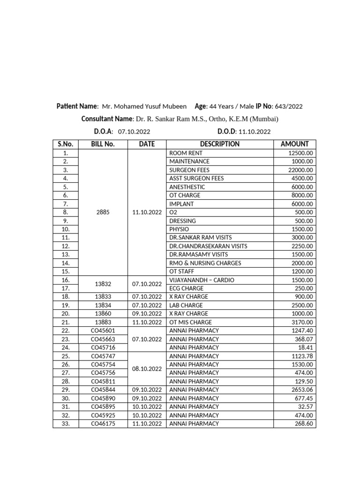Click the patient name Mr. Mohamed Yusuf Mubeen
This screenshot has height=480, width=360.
[x=144, y=106]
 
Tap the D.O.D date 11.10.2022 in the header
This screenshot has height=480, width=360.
[x=255, y=132]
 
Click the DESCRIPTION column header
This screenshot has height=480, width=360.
[x=219, y=144]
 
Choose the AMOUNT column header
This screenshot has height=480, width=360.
[x=294, y=144]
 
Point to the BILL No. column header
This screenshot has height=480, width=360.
[x=103, y=144]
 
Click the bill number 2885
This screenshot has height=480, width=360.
[x=103, y=212]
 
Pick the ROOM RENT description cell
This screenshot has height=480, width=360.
[x=186, y=153]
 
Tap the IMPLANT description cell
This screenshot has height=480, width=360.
[x=181, y=204]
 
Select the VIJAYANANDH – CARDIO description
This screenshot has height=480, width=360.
[x=202, y=280]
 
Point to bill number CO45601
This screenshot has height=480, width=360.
[x=103, y=330]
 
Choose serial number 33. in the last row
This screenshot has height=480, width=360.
[x=65, y=423]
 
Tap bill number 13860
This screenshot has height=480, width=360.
[x=103, y=314]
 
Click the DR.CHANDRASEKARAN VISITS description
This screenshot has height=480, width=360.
[x=208, y=246]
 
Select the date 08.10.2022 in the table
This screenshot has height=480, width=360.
[x=147, y=369]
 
